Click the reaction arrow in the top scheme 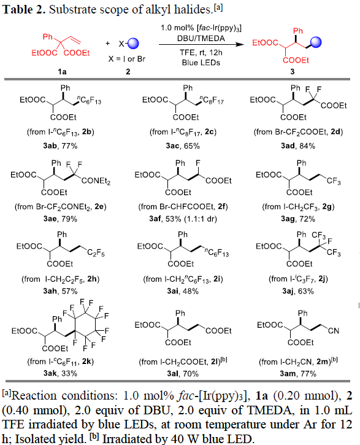(201, 44)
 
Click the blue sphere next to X (133, 44)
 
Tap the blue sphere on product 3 (316, 42)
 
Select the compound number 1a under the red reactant (62, 72)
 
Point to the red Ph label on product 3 (298, 31)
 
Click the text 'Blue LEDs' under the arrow (201, 63)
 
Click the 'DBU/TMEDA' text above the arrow (201, 38)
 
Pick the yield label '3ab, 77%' (60, 146)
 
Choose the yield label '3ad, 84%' (298, 146)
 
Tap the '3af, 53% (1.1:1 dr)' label (183, 219)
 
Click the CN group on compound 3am (334, 331)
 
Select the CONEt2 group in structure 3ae (96, 181)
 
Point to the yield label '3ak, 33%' (60, 373)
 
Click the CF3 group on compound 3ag (334, 181)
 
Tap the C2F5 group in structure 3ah (96, 253)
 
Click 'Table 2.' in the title (24, 10)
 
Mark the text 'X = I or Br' (127, 59)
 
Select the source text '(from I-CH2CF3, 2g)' (298, 207)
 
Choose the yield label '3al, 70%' (183, 373)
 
